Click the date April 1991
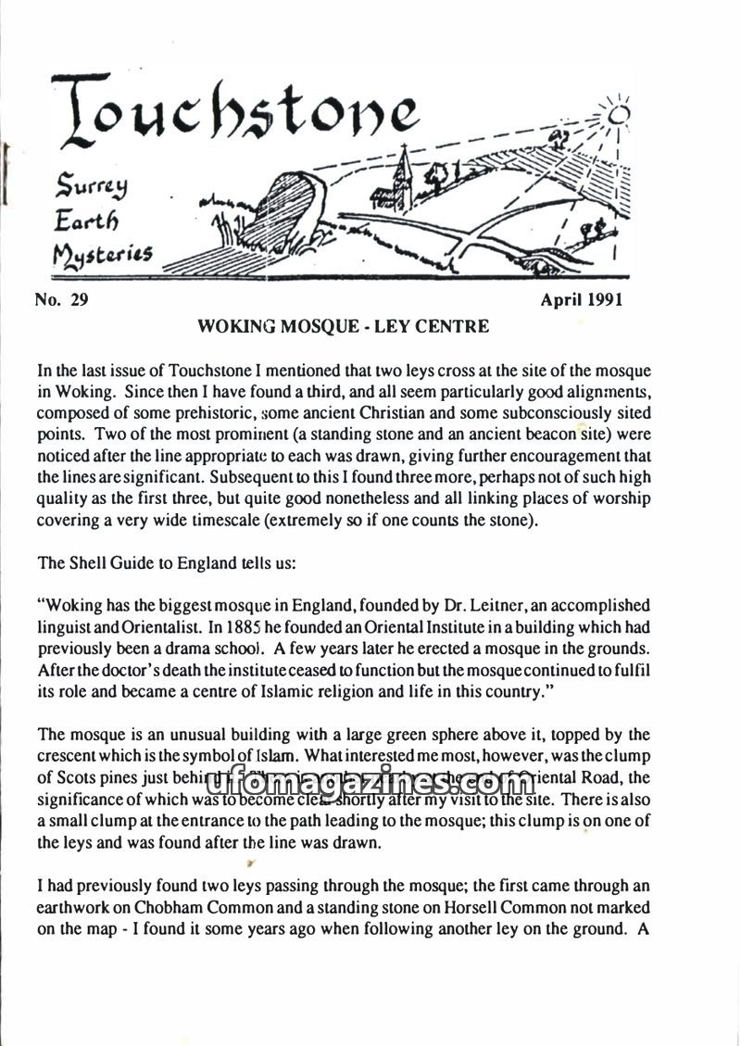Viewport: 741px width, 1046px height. [x=582, y=299]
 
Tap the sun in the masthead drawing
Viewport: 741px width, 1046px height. [x=618, y=114]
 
